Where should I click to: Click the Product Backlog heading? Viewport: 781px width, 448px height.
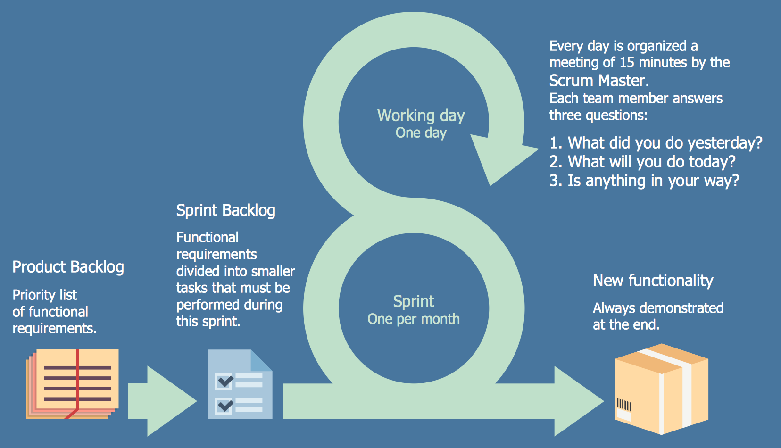(68, 267)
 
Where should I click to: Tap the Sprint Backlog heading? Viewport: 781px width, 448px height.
(225, 210)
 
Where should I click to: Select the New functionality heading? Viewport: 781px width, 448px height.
(653, 281)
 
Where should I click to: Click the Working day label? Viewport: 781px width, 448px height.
(421, 116)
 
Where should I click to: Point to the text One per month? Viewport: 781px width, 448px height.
(413, 319)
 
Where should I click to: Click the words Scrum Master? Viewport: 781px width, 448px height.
(598, 81)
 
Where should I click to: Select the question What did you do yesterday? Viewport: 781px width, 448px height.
(656, 143)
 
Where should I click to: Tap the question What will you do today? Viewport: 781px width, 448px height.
(642, 162)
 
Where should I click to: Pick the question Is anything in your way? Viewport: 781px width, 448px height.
(644, 181)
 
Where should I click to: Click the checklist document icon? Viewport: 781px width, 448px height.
(240, 384)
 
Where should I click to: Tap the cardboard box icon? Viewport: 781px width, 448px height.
(661, 389)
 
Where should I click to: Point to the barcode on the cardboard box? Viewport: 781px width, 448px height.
(623, 405)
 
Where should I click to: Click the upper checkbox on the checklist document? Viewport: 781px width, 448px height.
(224, 381)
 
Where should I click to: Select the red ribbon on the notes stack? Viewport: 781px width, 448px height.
(77, 377)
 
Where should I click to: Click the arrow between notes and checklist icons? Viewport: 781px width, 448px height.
(160, 401)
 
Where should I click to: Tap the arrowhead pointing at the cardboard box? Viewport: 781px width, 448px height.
(578, 401)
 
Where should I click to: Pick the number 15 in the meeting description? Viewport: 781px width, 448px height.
(626, 62)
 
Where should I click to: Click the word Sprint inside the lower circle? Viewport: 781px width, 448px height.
(414, 301)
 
